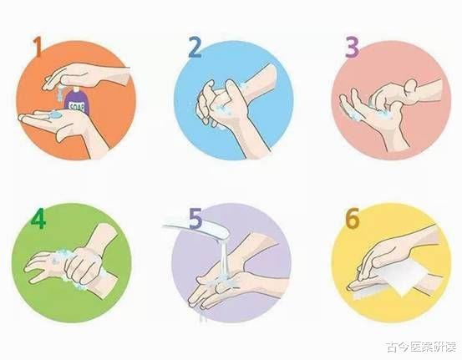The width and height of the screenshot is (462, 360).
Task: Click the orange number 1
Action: pyautogui.click(x=38, y=47)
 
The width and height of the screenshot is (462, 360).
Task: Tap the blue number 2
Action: pyautogui.click(x=195, y=48)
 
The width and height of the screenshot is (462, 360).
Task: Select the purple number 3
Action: pyautogui.click(x=352, y=48)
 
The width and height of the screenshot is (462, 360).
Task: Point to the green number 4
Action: pyautogui.click(x=38, y=219)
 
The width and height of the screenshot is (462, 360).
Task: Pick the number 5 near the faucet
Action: pyautogui.click(x=195, y=219)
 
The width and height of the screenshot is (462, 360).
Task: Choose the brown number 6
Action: pyautogui.click(x=353, y=218)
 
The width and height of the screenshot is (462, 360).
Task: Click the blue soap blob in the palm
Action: pyautogui.click(x=55, y=114)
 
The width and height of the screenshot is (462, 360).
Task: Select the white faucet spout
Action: pyautogui.click(x=196, y=228)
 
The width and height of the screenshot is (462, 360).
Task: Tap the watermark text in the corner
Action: pyautogui.click(x=421, y=347)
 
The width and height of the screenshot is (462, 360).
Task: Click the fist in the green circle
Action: pyautogui.click(x=84, y=265)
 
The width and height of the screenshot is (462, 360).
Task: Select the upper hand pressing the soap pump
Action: pyautogui.click(x=85, y=76)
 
